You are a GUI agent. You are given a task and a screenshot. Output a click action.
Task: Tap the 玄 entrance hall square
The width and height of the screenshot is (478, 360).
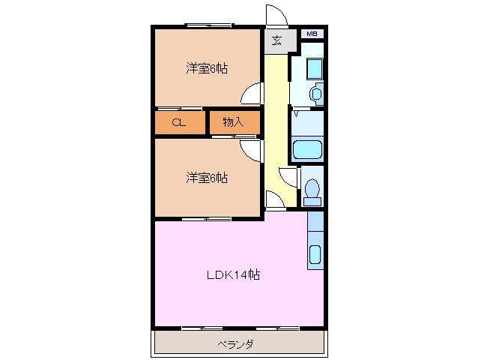(276, 41)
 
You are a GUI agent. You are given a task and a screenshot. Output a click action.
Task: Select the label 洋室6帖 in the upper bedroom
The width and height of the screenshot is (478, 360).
(207, 68)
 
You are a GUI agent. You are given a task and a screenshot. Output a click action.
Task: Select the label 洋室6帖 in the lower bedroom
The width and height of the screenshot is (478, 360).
(207, 178)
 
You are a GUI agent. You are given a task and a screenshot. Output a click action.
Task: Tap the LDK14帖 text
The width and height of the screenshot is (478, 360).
(233, 274)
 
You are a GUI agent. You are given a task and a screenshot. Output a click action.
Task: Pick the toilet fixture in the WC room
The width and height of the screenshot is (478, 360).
(312, 190)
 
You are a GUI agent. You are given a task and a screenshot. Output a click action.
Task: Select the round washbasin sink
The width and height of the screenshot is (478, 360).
(315, 94)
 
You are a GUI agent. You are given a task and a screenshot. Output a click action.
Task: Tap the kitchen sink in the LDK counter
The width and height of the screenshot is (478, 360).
(315, 255)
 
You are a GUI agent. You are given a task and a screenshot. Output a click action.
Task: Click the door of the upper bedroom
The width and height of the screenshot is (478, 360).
(253, 93)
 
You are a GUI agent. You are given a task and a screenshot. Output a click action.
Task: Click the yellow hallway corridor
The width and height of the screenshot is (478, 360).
(276, 112)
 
